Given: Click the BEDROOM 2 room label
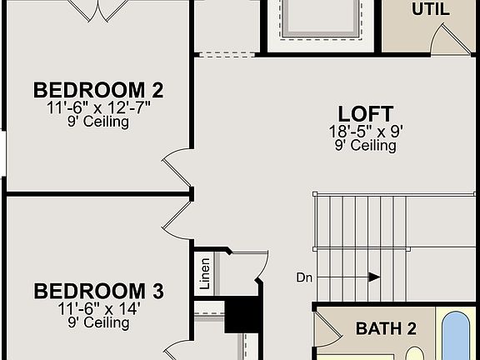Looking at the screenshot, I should pyautogui.click(x=98, y=90).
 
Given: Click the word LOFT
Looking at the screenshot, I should pyautogui.click(x=365, y=114).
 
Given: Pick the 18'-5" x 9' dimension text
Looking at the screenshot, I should pyautogui.click(x=365, y=132).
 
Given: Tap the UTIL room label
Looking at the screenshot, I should pyautogui.click(x=430, y=10).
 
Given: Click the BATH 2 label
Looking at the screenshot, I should pyautogui.click(x=386, y=328).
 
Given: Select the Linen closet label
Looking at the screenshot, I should pyautogui.click(x=205, y=273).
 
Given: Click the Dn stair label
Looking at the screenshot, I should pyautogui.click(x=305, y=277).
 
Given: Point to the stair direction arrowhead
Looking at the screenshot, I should pyautogui.click(x=374, y=277).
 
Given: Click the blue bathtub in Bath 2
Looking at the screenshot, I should pyautogui.click(x=457, y=336).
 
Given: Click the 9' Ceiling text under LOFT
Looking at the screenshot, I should pyautogui.click(x=365, y=146).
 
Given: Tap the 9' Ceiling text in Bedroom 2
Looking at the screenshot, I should pyautogui.click(x=98, y=122).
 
